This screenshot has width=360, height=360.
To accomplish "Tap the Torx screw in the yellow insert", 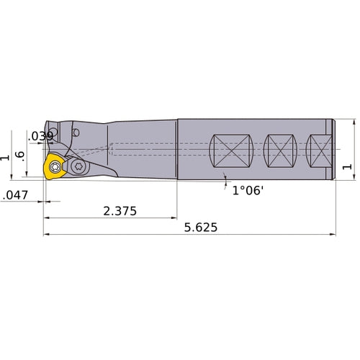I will point(54,168).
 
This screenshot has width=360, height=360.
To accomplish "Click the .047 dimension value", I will point(16,195).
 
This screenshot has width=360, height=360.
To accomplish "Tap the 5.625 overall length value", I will point(200,228).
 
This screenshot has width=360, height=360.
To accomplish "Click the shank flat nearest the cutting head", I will point(230,153).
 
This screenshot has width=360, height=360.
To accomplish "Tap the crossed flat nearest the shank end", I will point(318,153).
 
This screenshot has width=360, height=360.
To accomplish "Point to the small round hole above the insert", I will point(76,133).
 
